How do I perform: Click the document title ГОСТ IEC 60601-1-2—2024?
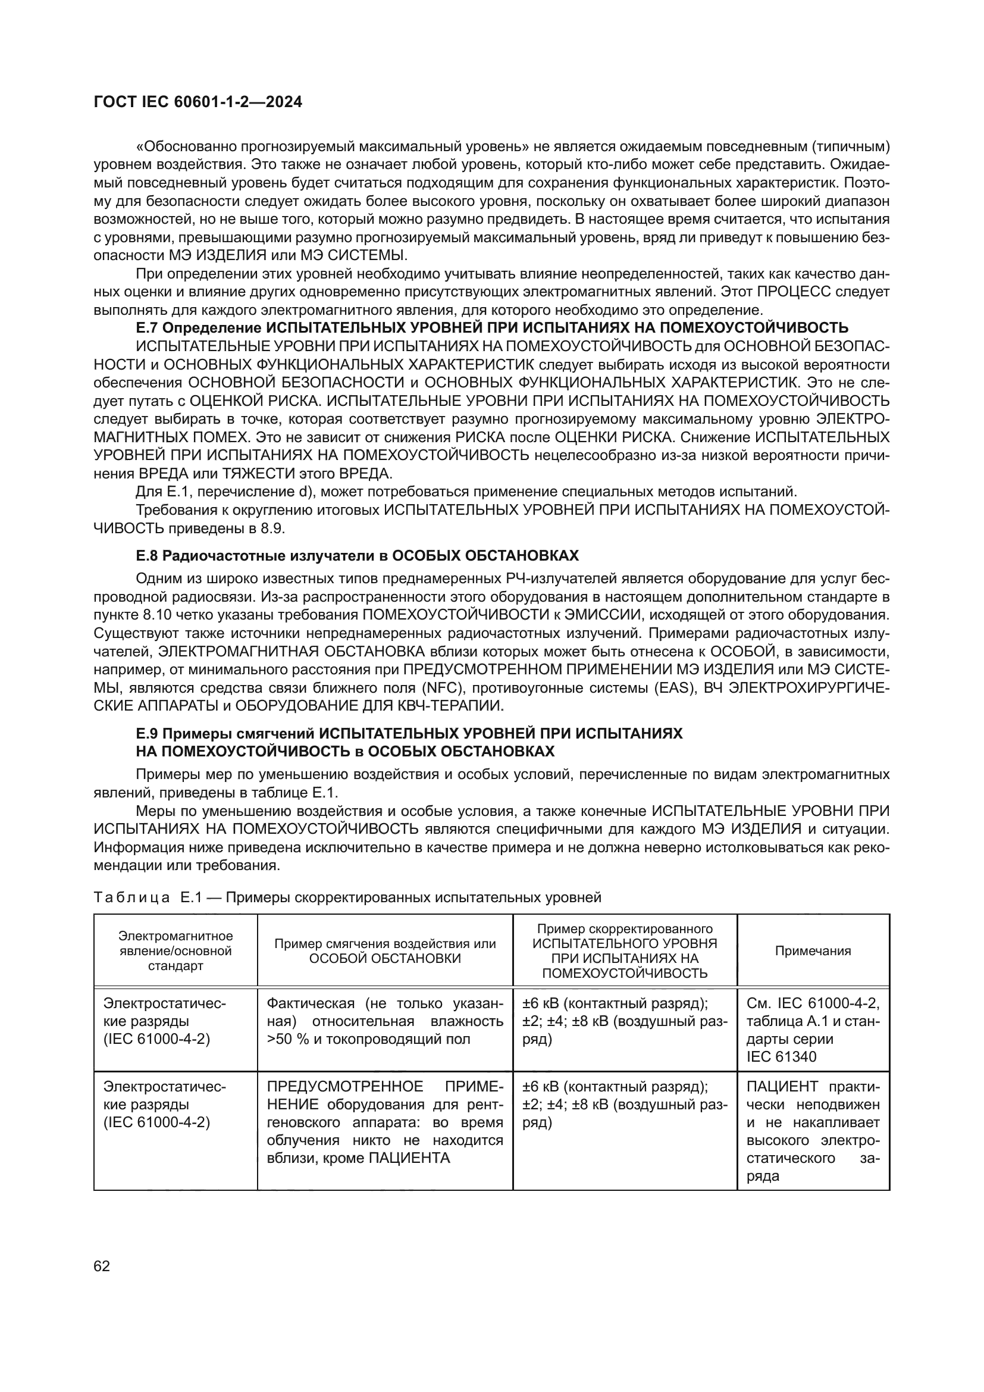point(198,102)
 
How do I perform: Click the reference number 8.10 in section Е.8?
point(156,615)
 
